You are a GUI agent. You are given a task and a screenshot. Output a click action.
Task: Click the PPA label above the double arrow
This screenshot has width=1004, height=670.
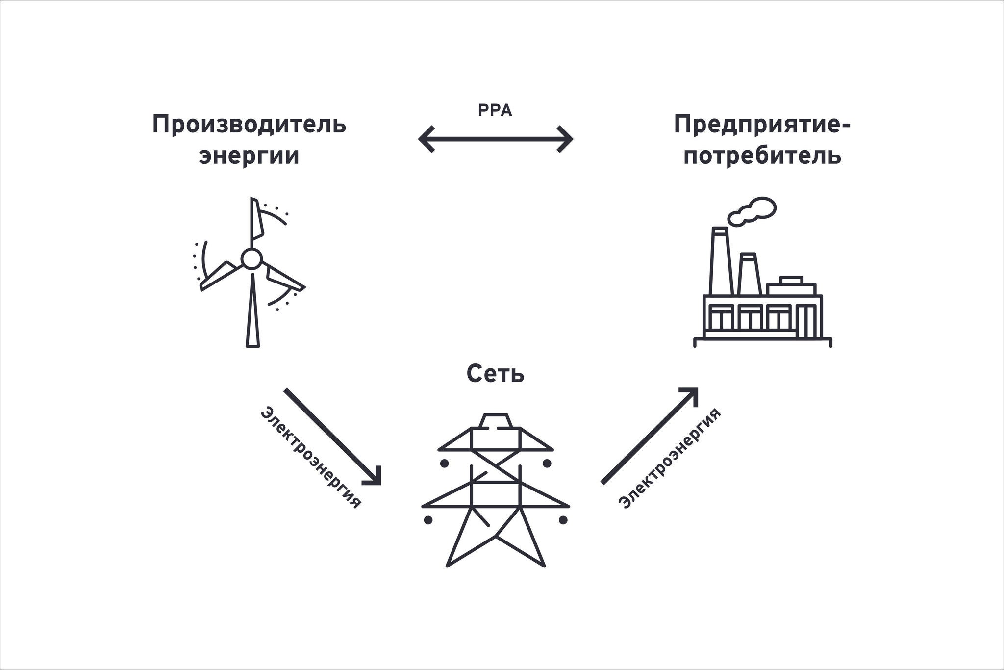[x=495, y=111]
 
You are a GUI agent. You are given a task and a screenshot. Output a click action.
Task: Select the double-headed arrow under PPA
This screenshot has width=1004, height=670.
[x=495, y=139]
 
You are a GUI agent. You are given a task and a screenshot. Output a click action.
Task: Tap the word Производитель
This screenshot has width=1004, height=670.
[x=249, y=125]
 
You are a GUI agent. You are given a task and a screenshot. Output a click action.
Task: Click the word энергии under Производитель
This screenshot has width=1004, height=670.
[x=249, y=156]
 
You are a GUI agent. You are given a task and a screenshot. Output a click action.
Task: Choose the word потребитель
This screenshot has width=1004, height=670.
[x=762, y=156]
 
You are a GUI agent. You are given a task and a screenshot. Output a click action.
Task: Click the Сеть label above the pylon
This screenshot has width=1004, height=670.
[x=495, y=374]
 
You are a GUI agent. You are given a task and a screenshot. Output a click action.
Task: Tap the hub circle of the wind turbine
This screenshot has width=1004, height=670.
[x=251, y=258]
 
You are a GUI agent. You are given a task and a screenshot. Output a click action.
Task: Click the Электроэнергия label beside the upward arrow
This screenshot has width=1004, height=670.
[x=669, y=459]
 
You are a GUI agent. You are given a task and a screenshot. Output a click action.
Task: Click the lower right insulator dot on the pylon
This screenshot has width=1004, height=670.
[x=563, y=519]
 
